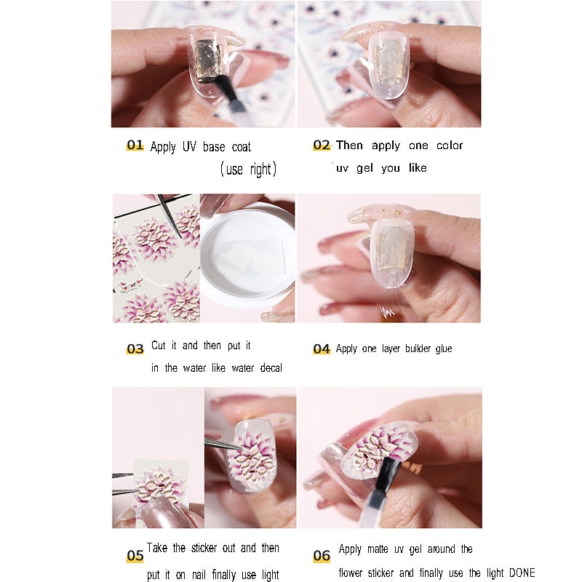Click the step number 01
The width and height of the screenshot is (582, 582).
click(x=135, y=145)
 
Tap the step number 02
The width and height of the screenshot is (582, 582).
click(x=322, y=145)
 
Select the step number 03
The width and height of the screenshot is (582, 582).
click(x=135, y=349)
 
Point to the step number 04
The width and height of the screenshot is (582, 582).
click(x=322, y=349)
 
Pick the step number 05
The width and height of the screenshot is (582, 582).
click(x=135, y=556)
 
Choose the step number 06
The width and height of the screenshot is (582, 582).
click(x=322, y=556)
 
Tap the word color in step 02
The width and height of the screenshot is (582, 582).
click(x=450, y=145)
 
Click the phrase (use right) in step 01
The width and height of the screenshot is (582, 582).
click(x=248, y=170)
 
